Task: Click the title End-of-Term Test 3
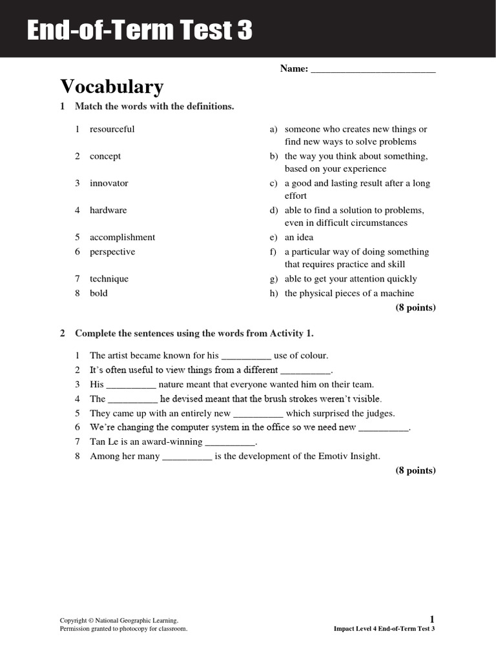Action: [139, 30]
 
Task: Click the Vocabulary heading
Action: [112, 86]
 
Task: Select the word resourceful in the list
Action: [112, 129]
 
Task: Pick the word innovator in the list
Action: [108, 183]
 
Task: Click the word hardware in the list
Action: [108, 210]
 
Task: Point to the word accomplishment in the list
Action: [122, 238]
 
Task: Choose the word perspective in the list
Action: [112, 252]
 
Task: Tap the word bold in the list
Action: [99, 293]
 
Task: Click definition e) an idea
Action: [298, 238]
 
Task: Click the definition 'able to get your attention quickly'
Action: [351, 279]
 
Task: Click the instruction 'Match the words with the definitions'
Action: [154, 107]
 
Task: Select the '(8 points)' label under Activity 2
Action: [415, 471]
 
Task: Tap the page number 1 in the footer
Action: [432, 619]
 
